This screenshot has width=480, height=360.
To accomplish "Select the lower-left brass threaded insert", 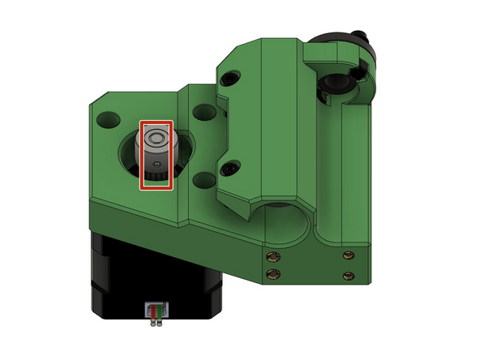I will (272, 272).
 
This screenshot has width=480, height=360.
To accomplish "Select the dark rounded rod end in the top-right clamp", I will (337, 85).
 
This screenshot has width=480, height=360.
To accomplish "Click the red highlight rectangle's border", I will (142, 154).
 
